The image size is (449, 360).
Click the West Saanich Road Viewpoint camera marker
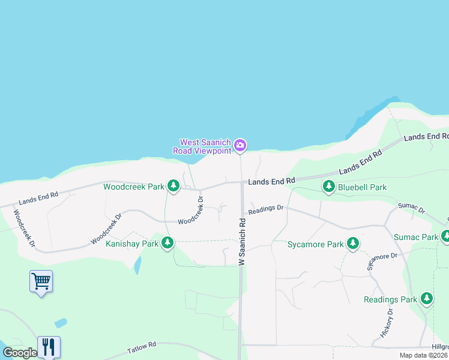240,145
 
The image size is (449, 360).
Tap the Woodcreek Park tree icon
173,186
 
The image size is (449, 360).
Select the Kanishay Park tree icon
167,243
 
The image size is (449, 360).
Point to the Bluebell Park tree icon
328,187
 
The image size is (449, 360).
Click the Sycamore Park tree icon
353,244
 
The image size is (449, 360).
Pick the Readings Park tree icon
426,298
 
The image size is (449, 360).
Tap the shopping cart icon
41,281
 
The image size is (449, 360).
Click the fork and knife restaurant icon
49,347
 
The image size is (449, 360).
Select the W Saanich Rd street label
242,241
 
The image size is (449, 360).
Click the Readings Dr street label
265,209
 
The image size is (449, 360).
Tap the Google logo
20,353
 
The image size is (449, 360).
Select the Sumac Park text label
415,237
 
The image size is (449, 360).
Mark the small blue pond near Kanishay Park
138,265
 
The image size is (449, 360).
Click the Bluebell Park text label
362,187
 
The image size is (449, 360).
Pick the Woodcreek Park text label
133,187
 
